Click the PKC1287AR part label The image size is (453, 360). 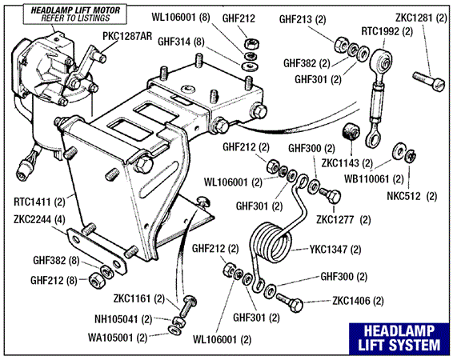127,36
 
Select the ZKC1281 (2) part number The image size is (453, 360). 421,18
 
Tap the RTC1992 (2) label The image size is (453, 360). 387,31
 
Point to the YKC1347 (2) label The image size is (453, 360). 335,249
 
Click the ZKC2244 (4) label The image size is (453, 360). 39,219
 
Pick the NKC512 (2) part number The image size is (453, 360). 411,196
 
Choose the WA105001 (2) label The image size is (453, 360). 118,338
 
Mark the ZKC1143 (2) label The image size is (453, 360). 347,163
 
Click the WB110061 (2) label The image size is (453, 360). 374,179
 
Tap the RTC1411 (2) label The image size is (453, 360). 39,202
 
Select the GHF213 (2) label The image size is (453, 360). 303,19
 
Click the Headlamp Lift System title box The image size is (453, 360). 399,338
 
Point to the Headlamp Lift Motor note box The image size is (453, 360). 75,14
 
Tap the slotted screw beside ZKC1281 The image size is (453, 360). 429,82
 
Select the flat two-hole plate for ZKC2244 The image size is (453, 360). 97,250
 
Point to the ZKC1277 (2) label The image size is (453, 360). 343,220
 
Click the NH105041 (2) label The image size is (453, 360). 123,319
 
